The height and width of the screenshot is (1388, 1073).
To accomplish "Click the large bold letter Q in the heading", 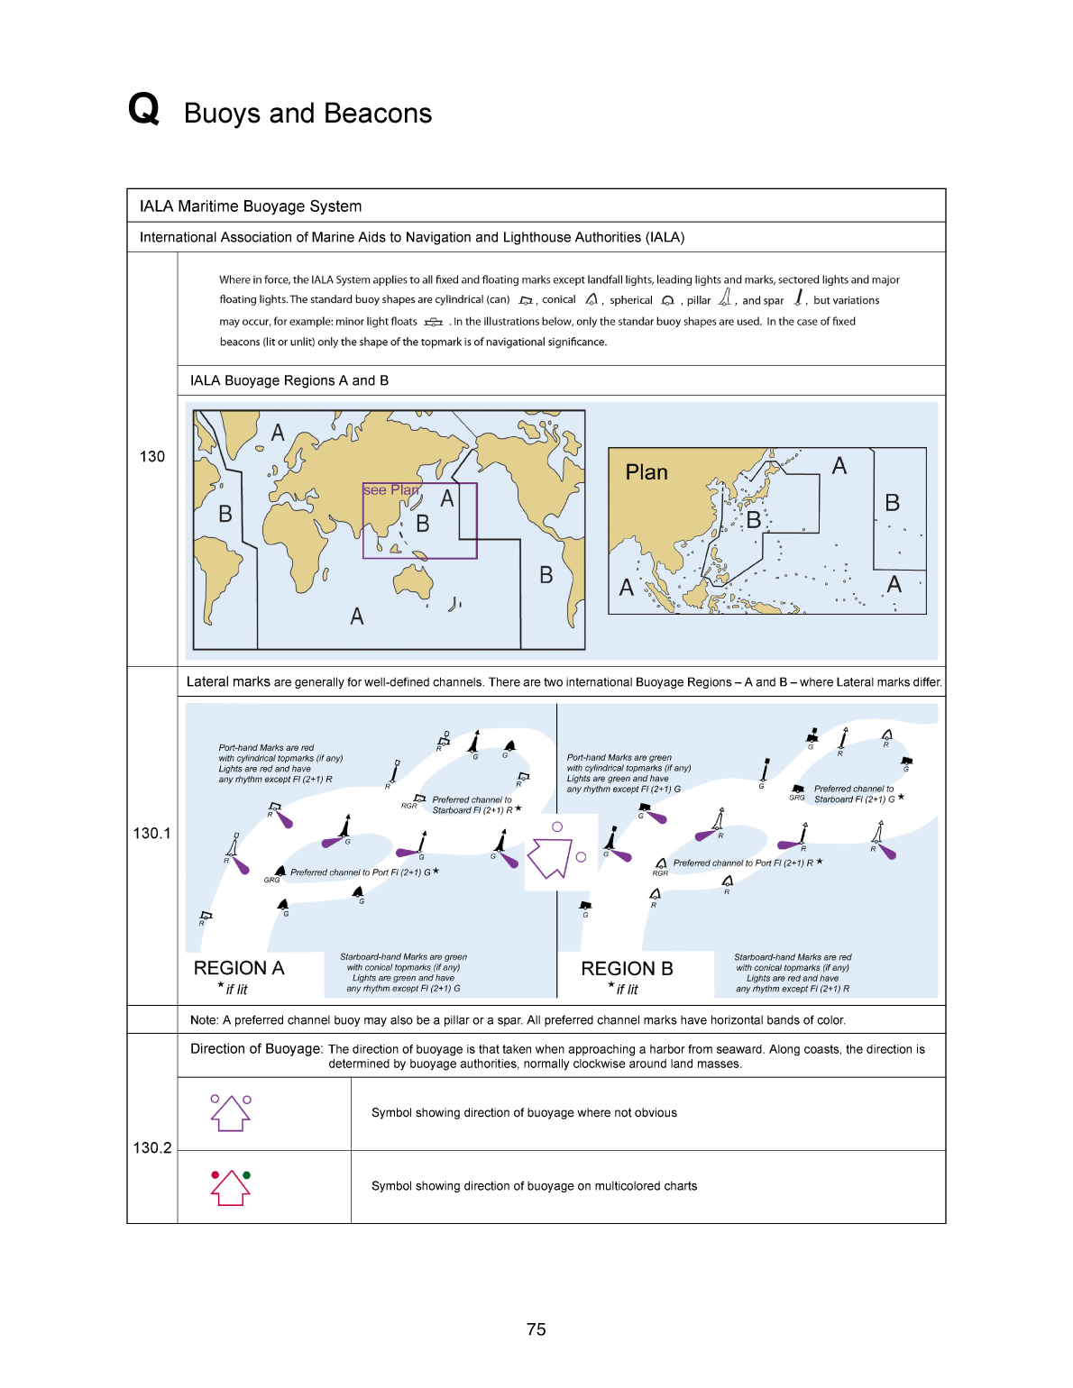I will (143, 109).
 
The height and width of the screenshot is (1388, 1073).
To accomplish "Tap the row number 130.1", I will (151, 834).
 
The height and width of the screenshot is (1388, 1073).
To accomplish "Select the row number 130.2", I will (151, 1147).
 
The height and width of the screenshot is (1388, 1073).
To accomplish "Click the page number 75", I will (536, 1329).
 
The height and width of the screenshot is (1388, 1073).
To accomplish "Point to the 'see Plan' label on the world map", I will (390, 490).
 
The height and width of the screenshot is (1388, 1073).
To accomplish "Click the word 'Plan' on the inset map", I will (647, 472).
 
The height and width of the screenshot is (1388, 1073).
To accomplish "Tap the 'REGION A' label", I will (239, 968).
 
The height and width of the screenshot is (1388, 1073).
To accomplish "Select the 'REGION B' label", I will (627, 969).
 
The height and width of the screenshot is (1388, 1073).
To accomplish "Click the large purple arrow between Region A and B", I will (550, 857).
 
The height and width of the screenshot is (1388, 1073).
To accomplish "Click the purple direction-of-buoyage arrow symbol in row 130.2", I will (231, 1114).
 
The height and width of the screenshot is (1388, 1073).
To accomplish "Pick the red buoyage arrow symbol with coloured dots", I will (231, 1188).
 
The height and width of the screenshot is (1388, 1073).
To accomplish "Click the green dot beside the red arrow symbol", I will (247, 1175).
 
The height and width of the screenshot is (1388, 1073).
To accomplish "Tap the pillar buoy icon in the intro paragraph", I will (724, 298).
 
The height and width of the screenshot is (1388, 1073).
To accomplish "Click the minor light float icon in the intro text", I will (434, 322).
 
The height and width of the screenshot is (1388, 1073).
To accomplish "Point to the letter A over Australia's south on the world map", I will (357, 616).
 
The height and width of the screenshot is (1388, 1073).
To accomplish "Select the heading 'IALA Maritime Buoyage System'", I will (251, 206).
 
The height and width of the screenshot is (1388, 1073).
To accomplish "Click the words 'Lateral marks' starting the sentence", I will (228, 682).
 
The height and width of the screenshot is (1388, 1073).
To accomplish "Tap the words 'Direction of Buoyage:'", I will (256, 1049).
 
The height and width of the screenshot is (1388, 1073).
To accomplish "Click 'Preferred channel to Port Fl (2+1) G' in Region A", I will (361, 872).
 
